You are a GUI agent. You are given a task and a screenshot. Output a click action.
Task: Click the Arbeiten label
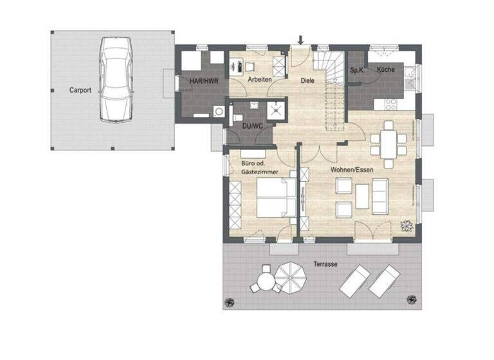tap(259, 79)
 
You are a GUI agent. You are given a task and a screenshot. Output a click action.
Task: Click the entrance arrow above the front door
tap(300, 40)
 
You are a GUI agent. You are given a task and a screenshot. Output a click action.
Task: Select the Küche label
tap(386, 69)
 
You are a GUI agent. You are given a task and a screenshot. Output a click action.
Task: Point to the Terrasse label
tap(326, 264)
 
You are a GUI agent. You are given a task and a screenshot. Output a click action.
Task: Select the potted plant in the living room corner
tap(407, 225)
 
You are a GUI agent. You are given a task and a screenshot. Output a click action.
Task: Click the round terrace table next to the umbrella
tap(266, 280)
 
